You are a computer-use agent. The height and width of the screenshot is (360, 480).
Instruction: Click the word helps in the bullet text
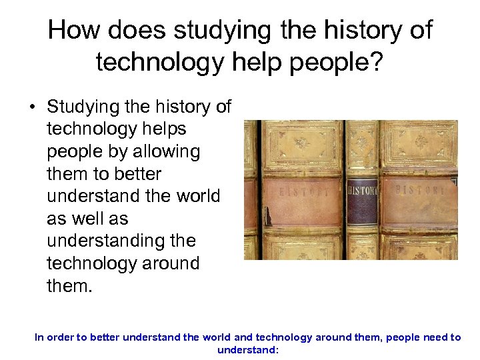tap(163, 129)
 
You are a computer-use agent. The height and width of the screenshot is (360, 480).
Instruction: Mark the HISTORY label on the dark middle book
tap(363, 191)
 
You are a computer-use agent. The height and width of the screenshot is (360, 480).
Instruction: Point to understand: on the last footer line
tap(247, 349)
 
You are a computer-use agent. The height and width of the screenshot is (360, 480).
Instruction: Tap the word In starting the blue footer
tap(39, 337)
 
